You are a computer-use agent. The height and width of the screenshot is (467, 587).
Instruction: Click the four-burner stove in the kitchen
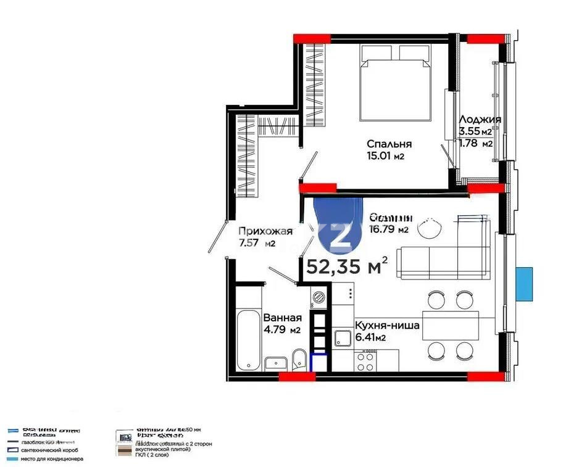365,360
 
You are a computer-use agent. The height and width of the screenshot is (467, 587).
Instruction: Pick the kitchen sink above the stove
343,338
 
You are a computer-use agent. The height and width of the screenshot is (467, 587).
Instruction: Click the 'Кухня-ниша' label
387,326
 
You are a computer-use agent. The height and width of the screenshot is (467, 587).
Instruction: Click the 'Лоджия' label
480,120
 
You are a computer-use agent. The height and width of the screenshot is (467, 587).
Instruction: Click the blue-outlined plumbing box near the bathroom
320,363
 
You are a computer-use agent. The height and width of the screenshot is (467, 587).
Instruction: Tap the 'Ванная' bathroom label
282,318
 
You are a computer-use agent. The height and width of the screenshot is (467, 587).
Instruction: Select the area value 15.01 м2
385,156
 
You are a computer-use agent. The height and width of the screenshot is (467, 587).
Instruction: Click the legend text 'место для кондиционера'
53,459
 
